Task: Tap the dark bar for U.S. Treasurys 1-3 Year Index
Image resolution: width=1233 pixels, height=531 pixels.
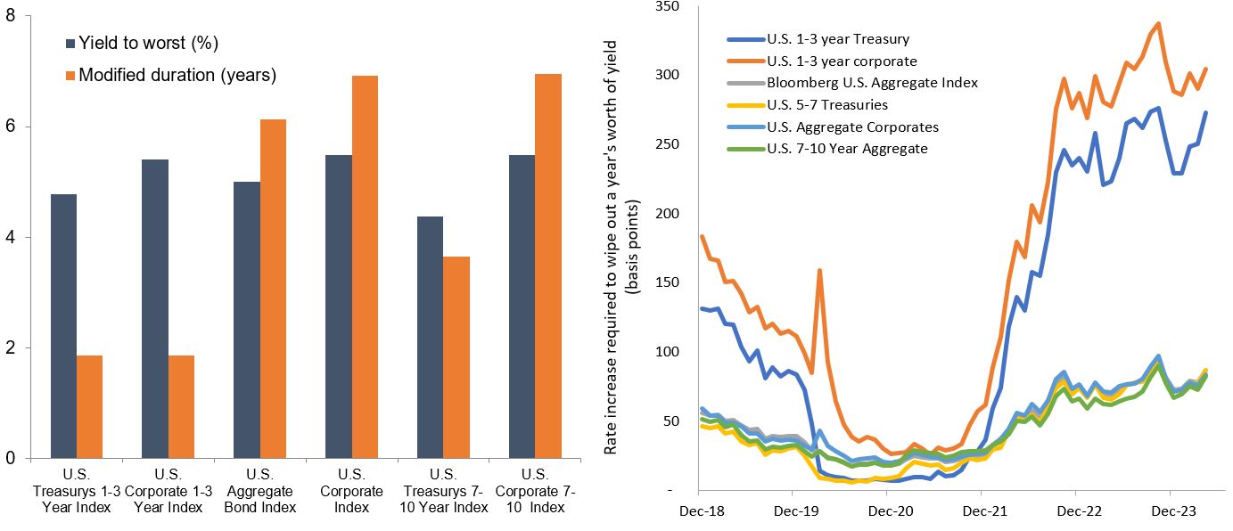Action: [64, 326]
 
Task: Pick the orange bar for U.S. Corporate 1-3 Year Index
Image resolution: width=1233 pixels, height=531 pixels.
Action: [181, 407]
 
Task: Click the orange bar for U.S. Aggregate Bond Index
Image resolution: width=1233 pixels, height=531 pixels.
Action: [273, 289]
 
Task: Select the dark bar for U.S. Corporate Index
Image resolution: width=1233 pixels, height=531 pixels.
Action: [339, 306]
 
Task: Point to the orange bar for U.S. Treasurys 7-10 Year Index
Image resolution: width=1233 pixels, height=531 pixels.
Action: [456, 357]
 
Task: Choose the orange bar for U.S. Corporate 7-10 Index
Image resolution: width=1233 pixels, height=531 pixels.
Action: [548, 266]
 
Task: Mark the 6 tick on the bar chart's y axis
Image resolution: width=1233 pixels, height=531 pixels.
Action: [11, 127]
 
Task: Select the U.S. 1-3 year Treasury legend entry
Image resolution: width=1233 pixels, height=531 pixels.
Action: [838, 39]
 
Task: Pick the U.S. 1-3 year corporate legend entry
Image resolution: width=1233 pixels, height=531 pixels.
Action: [842, 61]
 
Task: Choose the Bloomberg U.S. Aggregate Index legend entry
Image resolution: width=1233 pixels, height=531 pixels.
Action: [872, 83]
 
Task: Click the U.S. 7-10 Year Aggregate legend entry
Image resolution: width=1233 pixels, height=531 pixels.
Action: [847, 148]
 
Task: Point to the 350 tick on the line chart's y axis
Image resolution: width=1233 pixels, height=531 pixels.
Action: [666, 6]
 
